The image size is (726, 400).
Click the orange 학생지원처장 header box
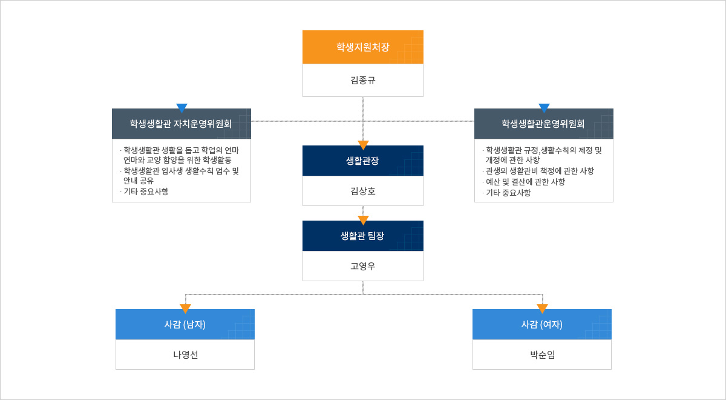(x=362, y=47)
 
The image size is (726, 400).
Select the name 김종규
(x=362, y=80)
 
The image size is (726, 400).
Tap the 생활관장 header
(x=362, y=161)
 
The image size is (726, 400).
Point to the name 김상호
(x=362, y=191)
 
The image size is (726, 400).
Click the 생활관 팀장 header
(x=362, y=236)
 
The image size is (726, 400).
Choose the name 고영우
(x=362, y=266)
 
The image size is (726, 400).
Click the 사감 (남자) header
(x=185, y=324)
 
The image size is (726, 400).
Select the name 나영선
(x=185, y=355)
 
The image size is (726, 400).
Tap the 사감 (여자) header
(x=542, y=324)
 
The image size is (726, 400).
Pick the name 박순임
(x=542, y=355)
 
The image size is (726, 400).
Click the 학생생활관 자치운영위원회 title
(x=180, y=124)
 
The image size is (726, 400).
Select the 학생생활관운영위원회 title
(x=543, y=124)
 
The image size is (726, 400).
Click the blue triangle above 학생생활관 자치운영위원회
(x=182, y=108)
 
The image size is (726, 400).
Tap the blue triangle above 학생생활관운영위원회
(x=544, y=108)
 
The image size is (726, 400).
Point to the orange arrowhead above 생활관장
(x=363, y=145)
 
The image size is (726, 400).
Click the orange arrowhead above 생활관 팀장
(x=363, y=220)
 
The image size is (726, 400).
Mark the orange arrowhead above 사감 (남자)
(x=185, y=308)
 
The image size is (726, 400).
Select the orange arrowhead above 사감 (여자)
(x=542, y=308)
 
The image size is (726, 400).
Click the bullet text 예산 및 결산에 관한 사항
(x=525, y=182)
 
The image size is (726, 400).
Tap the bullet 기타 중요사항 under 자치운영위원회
(x=146, y=192)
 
